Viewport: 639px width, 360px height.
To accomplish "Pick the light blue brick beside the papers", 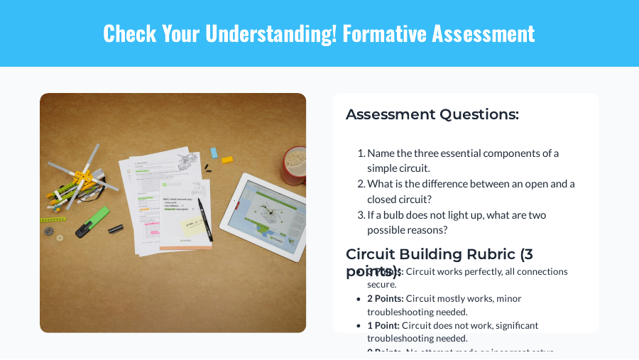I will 214,152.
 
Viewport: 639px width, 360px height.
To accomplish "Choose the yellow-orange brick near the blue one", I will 227,160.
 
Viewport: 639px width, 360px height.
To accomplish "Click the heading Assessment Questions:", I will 432,114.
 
